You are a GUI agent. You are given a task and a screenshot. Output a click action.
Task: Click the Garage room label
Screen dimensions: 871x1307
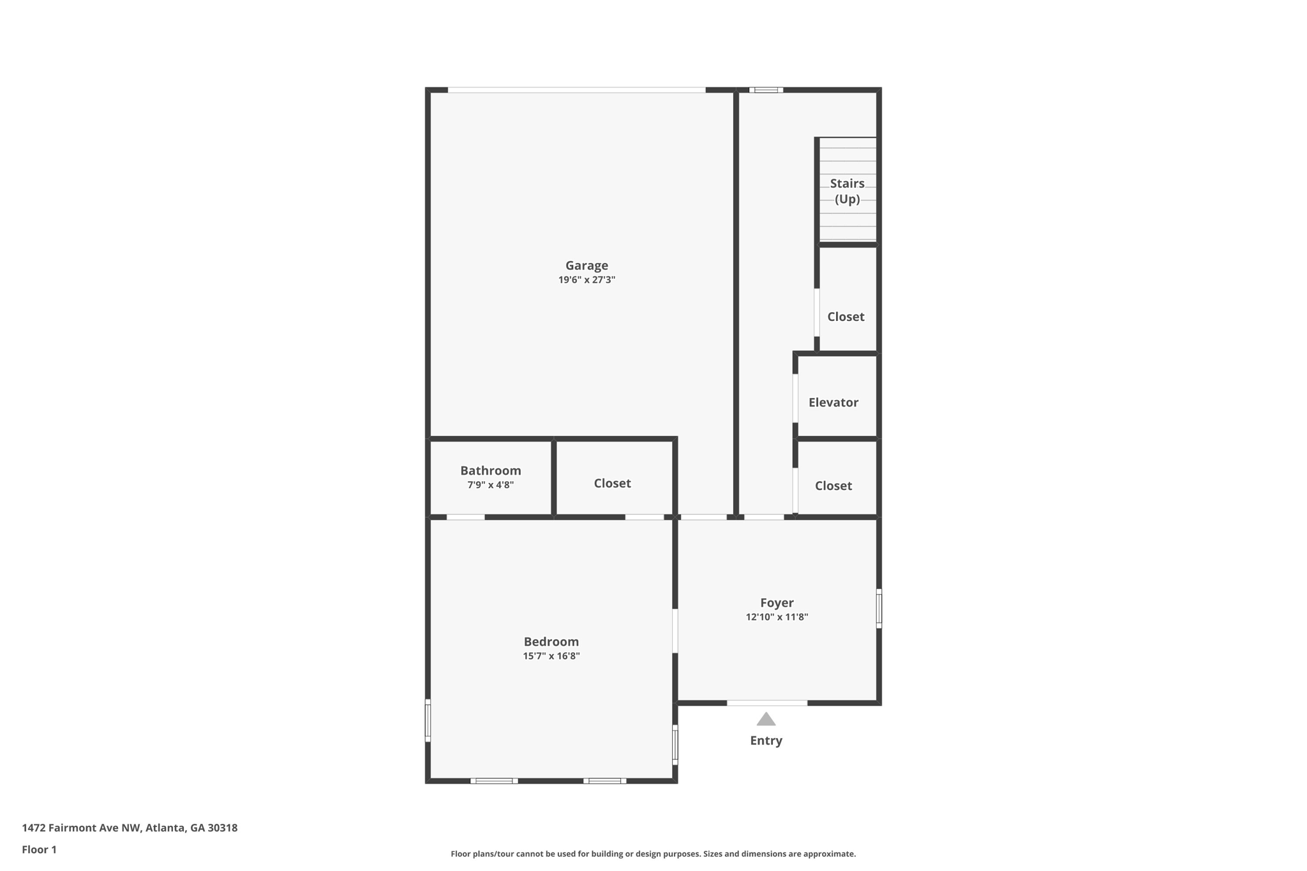586,265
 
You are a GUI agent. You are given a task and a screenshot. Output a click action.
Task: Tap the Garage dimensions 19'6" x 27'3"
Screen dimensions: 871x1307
586,280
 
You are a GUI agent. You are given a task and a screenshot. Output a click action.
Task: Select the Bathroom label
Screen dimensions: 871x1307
491,471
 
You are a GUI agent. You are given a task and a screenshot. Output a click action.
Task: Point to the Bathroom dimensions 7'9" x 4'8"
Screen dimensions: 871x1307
491,485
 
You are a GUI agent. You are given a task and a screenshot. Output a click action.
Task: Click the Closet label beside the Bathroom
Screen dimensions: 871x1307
612,484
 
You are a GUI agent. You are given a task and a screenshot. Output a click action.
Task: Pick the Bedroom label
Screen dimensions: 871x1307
551,642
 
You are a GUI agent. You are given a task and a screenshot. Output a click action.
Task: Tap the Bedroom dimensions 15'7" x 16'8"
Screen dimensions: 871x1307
551,656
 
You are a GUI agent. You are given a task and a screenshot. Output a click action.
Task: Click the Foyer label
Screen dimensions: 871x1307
777,603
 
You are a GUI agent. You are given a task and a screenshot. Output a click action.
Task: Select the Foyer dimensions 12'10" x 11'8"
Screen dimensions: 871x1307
777,617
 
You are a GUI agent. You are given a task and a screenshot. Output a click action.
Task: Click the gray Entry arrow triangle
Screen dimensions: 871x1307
766,720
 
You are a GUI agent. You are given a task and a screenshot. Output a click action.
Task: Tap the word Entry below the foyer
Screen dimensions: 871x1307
766,741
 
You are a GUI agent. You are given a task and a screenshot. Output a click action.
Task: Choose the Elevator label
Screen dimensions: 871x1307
833,403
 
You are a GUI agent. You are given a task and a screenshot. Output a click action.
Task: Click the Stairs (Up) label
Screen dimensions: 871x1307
848,191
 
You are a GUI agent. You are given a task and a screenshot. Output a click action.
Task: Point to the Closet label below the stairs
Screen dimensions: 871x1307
846,317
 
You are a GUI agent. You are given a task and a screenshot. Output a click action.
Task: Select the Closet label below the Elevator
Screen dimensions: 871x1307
833,486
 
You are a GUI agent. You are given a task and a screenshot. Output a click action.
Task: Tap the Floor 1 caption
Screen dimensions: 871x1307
40,850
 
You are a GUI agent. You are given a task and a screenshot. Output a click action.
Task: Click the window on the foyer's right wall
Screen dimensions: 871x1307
879,609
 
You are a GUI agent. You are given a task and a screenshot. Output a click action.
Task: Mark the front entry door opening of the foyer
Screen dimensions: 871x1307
767,703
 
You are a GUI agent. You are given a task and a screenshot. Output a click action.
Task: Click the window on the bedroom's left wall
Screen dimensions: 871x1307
428,720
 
